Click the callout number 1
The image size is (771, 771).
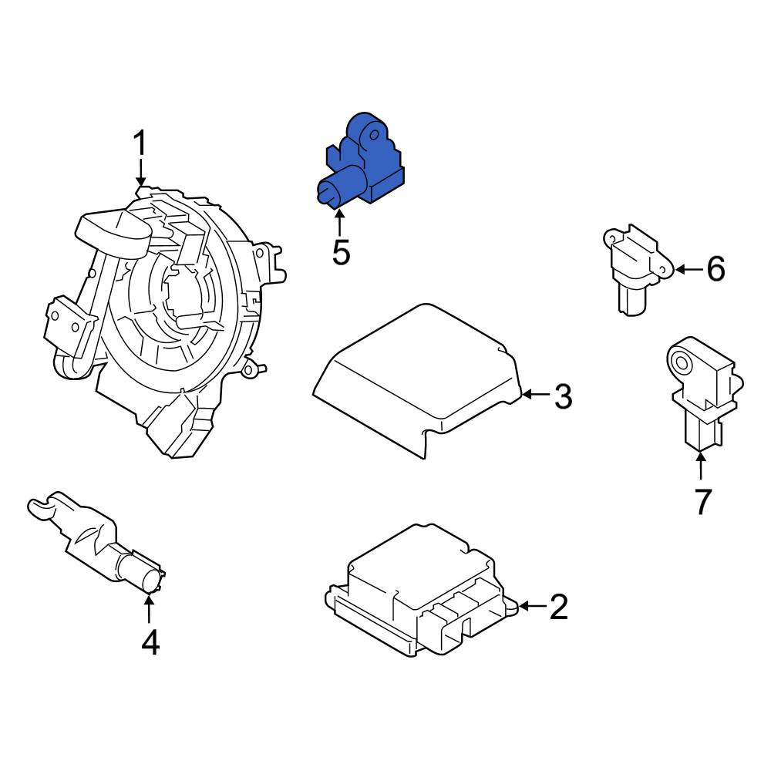pos(140,143)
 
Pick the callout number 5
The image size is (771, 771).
pos(342,252)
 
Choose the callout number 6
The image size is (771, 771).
pos(715,269)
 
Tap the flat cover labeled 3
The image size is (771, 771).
pos(417,379)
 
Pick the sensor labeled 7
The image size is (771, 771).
pos(704,392)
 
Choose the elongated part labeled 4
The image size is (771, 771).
pos(97,543)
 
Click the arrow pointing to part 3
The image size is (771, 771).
pos(537,394)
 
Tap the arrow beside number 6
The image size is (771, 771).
pos(690,269)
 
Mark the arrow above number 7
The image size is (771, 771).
pos(701,465)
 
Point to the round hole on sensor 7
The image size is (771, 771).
pos(682,363)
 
